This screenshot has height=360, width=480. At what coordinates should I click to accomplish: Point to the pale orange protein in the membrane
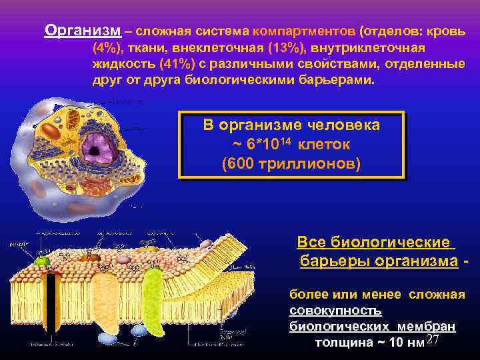tap(106, 299)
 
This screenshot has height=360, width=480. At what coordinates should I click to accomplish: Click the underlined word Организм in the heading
tap(83, 31)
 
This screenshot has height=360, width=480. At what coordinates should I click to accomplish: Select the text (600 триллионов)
tap(291, 163)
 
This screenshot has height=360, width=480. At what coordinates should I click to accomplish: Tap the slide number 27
tap(431, 341)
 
